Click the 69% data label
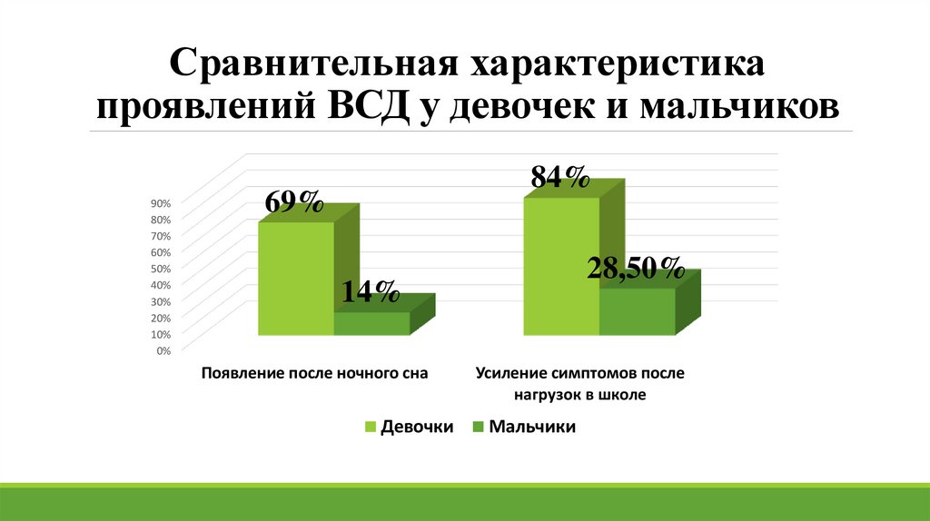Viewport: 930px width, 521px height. point(294,202)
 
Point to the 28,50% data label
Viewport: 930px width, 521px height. point(635,269)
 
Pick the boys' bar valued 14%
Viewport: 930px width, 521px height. point(371,324)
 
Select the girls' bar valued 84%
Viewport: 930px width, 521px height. point(561,267)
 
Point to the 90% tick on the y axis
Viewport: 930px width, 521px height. point(161,202)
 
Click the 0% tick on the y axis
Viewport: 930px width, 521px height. point(163,350)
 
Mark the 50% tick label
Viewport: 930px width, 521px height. point(161,269)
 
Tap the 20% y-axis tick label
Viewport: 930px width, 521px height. point(161,318)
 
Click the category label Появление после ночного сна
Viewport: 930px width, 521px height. point(314,373)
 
